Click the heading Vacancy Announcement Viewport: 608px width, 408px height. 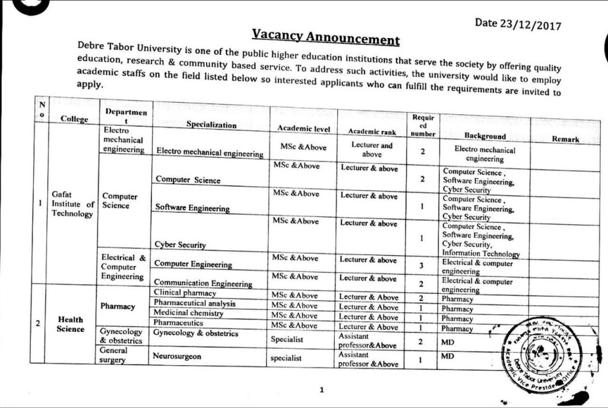coord(325,37)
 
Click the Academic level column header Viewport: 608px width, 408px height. coord(303,128)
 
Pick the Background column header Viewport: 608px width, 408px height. coord(485,136)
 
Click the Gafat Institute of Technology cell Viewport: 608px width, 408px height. coord(72,205)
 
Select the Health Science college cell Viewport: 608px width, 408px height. coord(70,324)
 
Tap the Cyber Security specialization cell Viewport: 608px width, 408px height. coord(180,244)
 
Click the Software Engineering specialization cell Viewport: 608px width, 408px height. coord(192,208)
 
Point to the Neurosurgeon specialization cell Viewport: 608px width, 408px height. coord(177,356)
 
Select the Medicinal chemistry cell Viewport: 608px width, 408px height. coord(188,313)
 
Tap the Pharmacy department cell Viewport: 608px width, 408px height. coord(118,306)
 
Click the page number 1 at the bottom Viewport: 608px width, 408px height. coord(321,390)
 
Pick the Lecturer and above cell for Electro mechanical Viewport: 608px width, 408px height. coord(372,149)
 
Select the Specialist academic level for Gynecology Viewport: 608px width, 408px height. coord(287,339)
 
